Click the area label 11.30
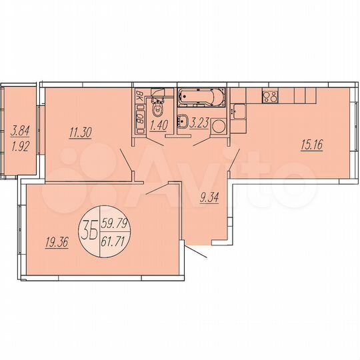[x=79, y=132]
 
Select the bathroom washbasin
[x=182, y=121]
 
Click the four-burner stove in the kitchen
[x=270, y=96]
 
